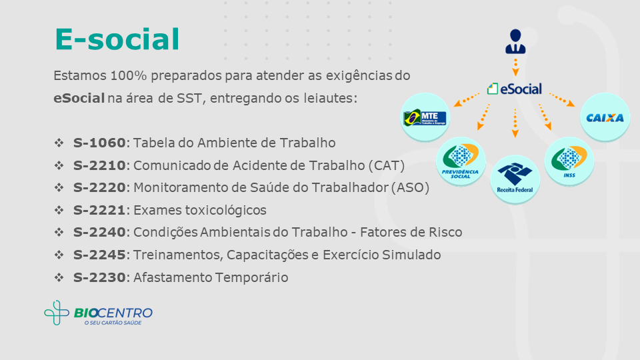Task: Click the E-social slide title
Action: [117, 39]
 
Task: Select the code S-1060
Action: [99, 143]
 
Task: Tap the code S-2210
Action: [99, 165]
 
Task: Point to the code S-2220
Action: [99, 187]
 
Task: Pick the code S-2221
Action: [99, 210]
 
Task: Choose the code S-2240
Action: [99, 232]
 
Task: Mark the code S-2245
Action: [99, 255]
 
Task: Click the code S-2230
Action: [99, 277]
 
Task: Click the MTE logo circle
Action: [425, 117]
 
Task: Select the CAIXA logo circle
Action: [605, 117]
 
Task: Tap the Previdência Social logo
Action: [461, 161]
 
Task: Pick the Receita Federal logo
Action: [515, 179]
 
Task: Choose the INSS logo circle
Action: [569, 161]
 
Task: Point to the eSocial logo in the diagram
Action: [514, 89]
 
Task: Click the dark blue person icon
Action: [515, 41]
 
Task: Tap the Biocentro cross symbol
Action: [56, 313]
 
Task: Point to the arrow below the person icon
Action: [515, 67]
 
